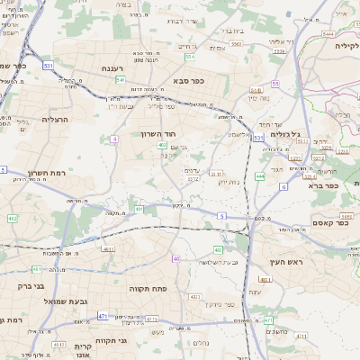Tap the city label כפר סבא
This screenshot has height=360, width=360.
pyautogui.click(x=186, y=80)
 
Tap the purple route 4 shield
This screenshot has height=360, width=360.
pyautogui.click(x=114, y=139)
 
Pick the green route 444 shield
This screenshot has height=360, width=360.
pyautogui.click(x=259, y=176)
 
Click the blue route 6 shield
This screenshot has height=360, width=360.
pyautogui.click(x=283, y=186)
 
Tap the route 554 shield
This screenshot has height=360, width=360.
pyautogui.click(x=190, y=57)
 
